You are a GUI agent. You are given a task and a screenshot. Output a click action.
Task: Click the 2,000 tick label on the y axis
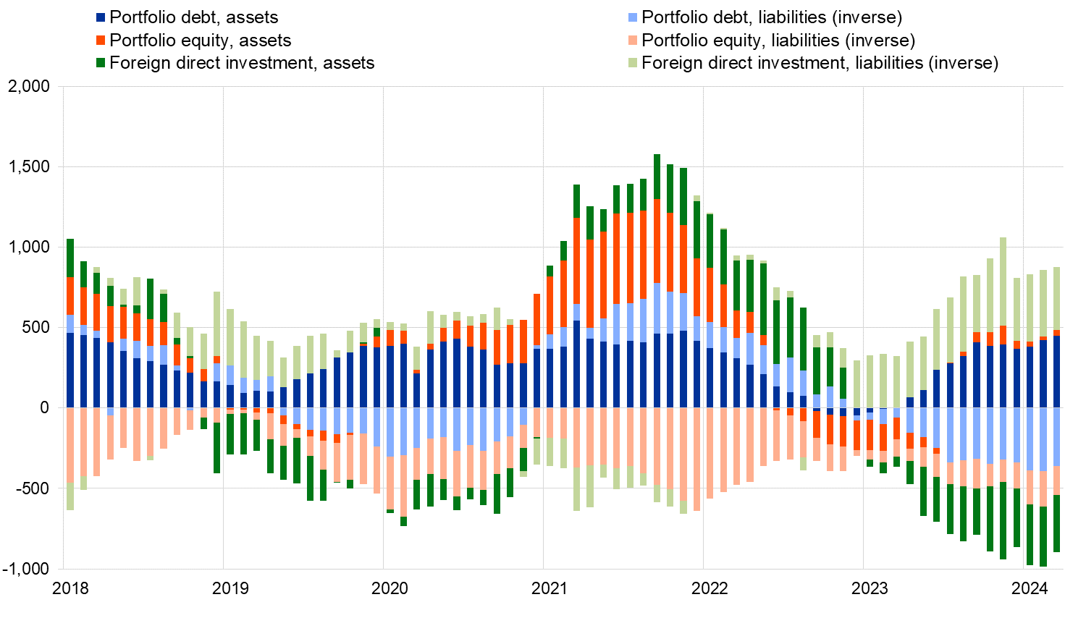(x=30, y=87)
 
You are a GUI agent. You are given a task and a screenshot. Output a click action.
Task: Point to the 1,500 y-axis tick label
(x=30, y=167)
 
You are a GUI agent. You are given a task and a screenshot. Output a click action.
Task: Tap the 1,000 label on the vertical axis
(x=30, y=247)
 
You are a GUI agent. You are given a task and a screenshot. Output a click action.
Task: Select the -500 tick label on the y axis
(x=33, y=488)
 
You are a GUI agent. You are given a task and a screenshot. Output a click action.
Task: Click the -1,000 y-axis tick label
(x=27, y=569)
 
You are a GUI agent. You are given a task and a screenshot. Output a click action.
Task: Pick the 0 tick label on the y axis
(x=44, y=408)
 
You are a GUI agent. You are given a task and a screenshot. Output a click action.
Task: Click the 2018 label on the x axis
(x=71, y=588)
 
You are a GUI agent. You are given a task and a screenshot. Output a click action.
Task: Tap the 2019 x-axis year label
(x=230, y=588)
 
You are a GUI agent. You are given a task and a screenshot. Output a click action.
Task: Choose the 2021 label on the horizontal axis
(x=550, y=588)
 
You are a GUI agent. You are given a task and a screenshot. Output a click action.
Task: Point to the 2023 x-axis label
(x=870, y=588)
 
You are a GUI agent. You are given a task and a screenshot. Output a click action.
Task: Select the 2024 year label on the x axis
(x=1030, y=588)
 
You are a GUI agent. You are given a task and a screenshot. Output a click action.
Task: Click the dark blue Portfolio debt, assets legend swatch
(x=101, y=17)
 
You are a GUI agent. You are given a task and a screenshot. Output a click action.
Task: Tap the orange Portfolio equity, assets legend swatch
(x=101, y=41)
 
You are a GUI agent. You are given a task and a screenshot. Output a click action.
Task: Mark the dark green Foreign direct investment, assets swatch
(x=101, y=63)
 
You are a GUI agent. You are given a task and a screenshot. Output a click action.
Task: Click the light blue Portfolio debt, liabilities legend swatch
(x=633, y=17)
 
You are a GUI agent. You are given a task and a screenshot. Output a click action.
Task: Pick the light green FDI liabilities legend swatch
(x=633, y=63)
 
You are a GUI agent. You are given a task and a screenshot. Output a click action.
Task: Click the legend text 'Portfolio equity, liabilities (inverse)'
(x=778, y=41)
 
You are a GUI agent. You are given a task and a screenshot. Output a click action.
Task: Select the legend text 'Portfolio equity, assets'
(x=201, y=41)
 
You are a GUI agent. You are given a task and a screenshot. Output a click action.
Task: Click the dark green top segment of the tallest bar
(x=657, y=177)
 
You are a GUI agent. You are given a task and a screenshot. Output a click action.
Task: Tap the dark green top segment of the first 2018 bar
(x=70, y=258)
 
